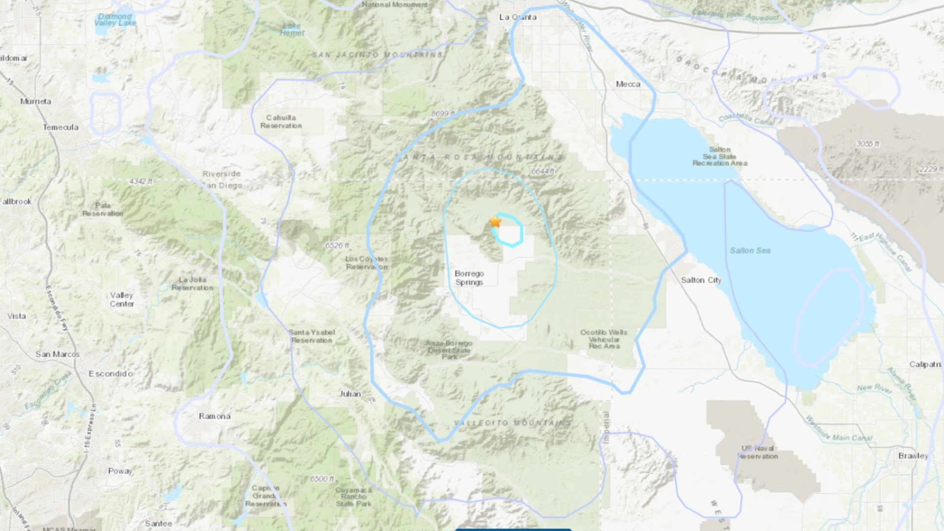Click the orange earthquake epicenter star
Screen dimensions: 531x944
pos(495,222)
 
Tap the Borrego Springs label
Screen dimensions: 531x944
pos(469,278)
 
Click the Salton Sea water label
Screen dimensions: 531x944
pos(750,251)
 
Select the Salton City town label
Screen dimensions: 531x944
pos(701,280)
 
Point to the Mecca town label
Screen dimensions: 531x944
pos(628,84)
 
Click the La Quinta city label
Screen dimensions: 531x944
pos(518,17)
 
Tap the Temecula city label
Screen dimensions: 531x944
pos(60,127)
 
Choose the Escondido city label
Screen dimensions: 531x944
pos(111,374)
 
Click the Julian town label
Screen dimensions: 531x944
pos(350,394)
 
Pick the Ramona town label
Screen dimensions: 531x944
pos(214,416)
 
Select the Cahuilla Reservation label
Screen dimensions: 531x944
pos(281,121)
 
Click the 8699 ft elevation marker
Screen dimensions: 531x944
pos(442,114)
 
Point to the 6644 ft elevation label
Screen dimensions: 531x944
pos(543,171)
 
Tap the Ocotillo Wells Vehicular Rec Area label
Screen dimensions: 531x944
pos(604,339)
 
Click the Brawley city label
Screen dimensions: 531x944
pos(913,456)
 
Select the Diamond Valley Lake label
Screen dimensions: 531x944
pos(116,20)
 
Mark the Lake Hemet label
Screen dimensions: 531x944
pos(292,29)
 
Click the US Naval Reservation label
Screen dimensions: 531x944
pos(758,452)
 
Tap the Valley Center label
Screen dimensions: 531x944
pos(121,299)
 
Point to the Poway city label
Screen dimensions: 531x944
pos(120,471)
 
